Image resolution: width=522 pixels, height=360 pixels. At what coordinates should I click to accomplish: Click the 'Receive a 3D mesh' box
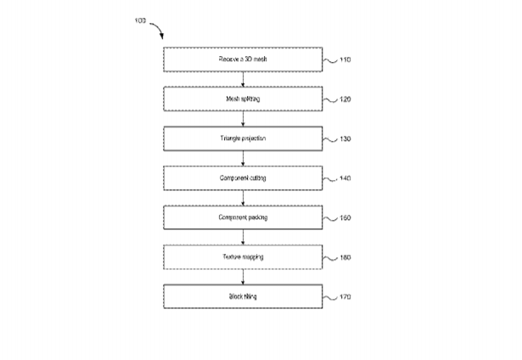click(x=244, y=59)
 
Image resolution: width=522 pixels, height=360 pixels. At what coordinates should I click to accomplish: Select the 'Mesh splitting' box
click(x=244, y=98)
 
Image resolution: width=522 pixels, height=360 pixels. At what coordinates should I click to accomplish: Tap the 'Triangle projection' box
click(x=244, y=138)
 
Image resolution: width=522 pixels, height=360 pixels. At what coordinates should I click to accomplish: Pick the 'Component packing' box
click(x=244, y=217)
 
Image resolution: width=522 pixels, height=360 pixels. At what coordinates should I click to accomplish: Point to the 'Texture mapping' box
click(x=244, y=256)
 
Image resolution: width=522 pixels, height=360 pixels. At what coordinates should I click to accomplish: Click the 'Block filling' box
click(x=244, y=296)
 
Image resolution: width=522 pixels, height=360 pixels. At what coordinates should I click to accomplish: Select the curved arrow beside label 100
click(x=157, y=31)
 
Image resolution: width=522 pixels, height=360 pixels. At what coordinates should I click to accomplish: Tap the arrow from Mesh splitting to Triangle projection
click(x=244, y=119)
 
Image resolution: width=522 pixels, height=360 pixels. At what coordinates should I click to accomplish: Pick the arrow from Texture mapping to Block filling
click(x=244, y=277)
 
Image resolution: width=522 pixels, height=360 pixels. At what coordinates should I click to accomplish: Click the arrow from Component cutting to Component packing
click(x=244, y=198)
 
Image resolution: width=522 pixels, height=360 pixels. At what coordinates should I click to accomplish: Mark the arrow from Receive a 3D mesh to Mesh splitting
click(x=244, y=79)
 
